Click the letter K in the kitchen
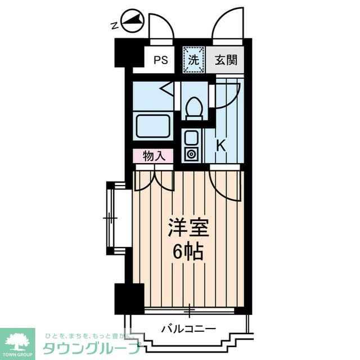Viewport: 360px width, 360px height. tap(221, 145)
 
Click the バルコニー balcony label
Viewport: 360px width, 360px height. tap(188, 327)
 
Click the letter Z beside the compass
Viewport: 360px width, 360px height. tap(114, 25)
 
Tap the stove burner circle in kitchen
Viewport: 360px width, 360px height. tap(191, 153)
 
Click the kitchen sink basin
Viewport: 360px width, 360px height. tap(191, 137)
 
